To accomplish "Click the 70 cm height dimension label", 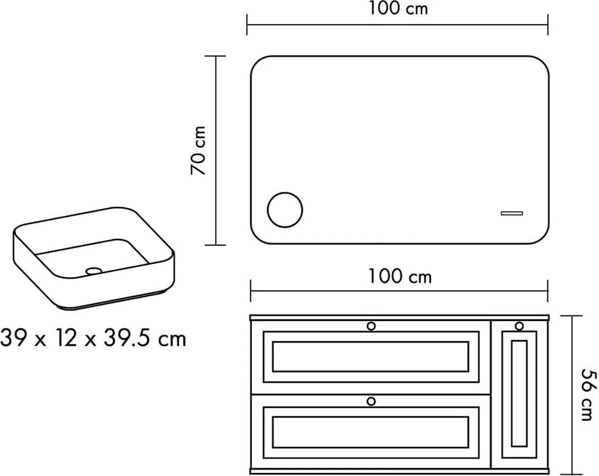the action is coord(198,150).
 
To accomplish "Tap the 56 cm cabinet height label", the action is coord(588,394).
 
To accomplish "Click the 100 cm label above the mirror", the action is coord(398,8).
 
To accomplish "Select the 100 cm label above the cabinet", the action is coord(399,276).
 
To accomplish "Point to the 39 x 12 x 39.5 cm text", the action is coord(93,339).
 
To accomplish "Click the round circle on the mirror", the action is coord(285,210).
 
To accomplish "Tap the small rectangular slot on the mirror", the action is coord(512,213).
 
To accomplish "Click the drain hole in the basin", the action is coord(94,271).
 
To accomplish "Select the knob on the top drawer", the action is coord(371,326).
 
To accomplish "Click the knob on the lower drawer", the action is coord(371,401).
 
